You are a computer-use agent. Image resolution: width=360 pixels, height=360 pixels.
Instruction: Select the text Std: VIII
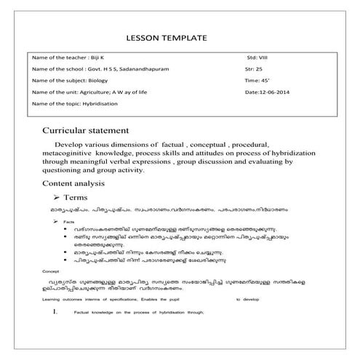[259, 55]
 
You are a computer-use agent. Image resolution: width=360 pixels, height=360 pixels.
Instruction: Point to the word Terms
[78, 197]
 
